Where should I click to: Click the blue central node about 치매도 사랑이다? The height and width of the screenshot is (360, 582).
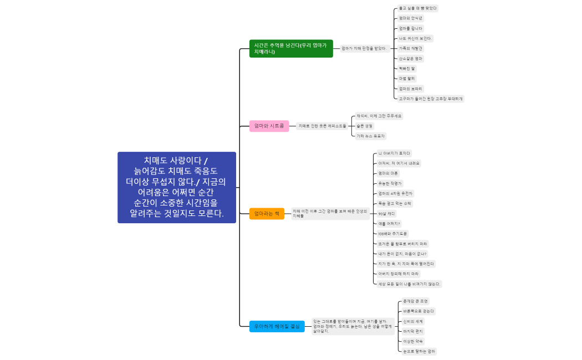click(x=177, y=188)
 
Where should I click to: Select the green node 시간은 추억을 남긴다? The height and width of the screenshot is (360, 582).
click(x=291, y=48)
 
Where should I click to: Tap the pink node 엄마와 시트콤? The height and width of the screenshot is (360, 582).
click(x=269, y=126)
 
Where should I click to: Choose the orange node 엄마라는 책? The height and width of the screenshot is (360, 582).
click(x=267, y=213)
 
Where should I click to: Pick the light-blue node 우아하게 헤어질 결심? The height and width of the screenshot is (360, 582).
click(x=277, y=327)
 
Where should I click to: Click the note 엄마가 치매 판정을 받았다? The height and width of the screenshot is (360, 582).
click(x=364, y=48)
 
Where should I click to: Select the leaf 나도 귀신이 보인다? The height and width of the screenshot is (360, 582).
click(x=415, y=38)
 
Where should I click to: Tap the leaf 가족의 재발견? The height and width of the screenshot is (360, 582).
click(x=411, y=48)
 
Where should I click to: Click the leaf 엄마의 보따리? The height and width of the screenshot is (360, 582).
click(x=411, y=89)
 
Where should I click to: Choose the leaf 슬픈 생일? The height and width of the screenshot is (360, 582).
click(x=365, y=126)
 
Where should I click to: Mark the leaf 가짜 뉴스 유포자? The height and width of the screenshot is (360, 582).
click(x=370, y=136)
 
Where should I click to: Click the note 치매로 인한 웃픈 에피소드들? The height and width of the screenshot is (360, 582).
click(x=322, y=126)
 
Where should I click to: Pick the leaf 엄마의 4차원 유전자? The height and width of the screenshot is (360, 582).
click(x=395, y=193)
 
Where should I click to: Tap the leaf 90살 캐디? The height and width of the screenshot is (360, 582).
click(x=386, y=213)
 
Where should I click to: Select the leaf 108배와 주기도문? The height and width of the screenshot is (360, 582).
click(x=392, y=234)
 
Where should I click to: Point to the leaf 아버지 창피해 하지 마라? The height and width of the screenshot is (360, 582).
click(x=399, y=274)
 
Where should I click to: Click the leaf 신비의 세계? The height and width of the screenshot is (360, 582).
click(x=413, y=321)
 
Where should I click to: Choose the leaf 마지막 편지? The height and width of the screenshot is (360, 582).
click(x=413, y=331)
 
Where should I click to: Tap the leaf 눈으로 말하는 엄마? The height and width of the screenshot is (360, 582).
click(x=420, y=351)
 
